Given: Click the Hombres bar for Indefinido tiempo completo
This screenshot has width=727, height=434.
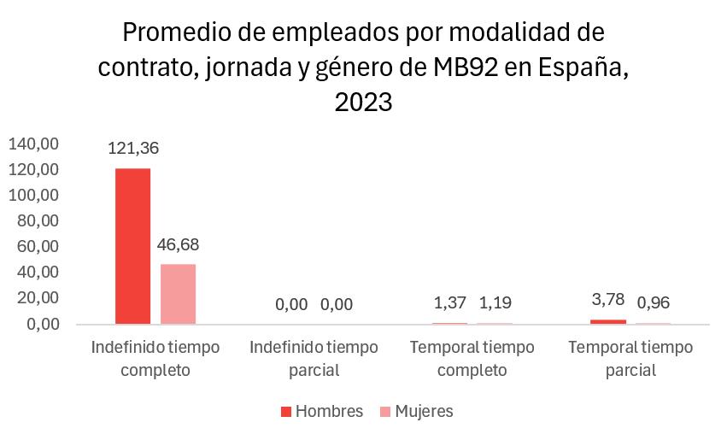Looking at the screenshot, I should [132, 246].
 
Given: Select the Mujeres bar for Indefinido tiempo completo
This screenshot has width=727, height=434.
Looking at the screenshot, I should [178, 294].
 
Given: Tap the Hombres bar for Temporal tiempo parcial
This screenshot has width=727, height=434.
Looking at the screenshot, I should [608, 321].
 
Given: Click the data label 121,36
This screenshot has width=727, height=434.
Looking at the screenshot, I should [133, 148].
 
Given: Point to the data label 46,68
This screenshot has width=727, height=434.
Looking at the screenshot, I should [179, 245].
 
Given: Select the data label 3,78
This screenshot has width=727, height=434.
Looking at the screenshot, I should [608, 298].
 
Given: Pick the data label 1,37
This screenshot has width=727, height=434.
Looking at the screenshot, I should [449, 304].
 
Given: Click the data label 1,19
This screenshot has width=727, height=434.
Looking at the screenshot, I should [495, 304].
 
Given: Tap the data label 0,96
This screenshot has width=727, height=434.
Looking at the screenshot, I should [654, 304].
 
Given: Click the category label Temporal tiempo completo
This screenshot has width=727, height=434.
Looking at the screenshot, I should [472, 359].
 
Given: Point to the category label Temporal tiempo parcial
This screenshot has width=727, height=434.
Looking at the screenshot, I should [630, 359].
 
